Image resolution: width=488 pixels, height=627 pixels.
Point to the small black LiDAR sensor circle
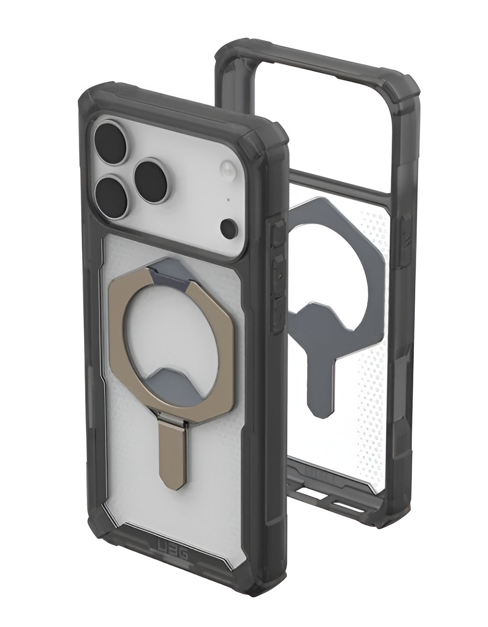[229, 225]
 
